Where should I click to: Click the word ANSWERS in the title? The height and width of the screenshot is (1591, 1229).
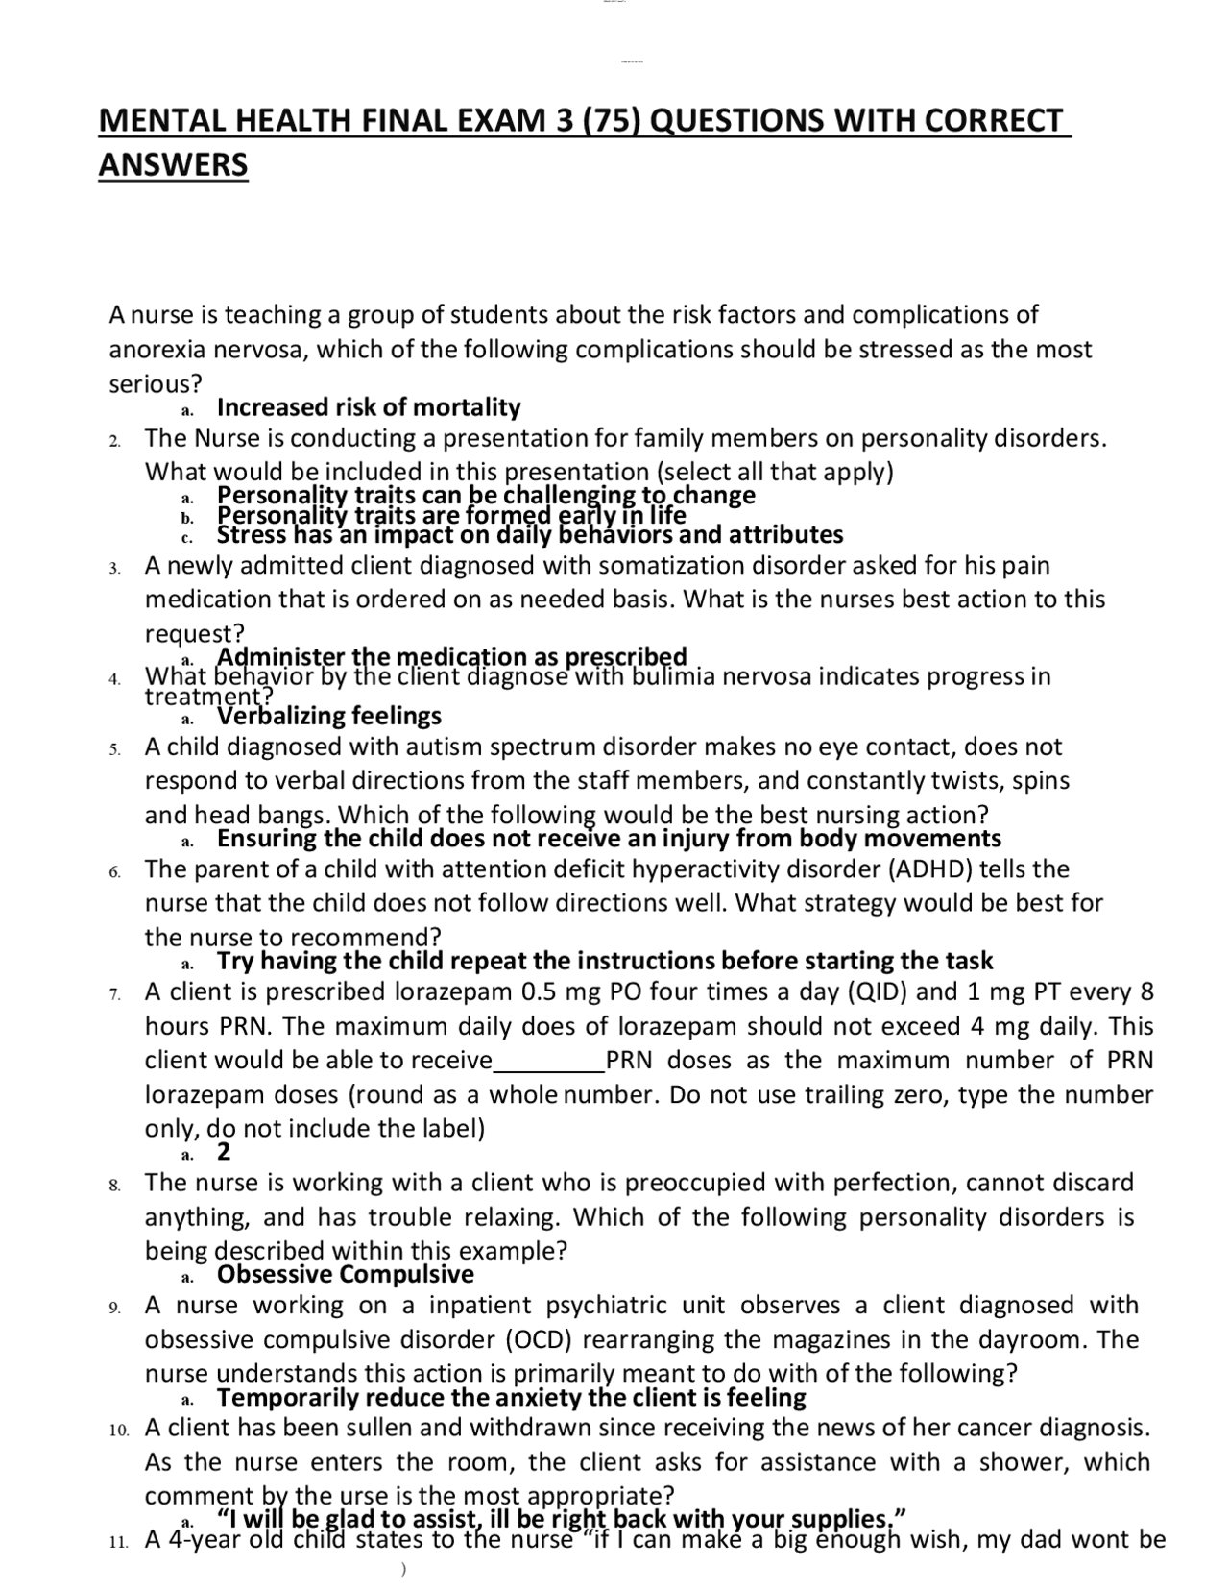click(173, 164)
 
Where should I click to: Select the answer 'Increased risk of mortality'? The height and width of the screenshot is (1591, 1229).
click(369, 407)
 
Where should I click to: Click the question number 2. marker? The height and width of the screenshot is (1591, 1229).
click(114, 441)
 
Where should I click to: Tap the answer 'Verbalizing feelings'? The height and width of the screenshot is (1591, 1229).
click(329, 716)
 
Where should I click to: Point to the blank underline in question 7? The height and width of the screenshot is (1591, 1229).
click(548, 1062)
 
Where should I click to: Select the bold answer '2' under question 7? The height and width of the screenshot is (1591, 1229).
click(224, 1152)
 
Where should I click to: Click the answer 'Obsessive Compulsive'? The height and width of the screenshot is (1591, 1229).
click(346, 1275)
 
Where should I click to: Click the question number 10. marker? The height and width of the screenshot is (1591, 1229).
click(118, 1430)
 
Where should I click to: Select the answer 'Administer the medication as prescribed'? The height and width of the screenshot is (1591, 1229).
click(451, 657)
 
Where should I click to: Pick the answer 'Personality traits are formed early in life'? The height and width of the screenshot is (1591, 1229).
click(451, 516)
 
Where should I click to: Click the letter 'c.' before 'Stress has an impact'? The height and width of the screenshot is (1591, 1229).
click(187, 536)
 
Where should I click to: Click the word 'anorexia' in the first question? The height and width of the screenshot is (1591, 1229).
click(154, 349)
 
